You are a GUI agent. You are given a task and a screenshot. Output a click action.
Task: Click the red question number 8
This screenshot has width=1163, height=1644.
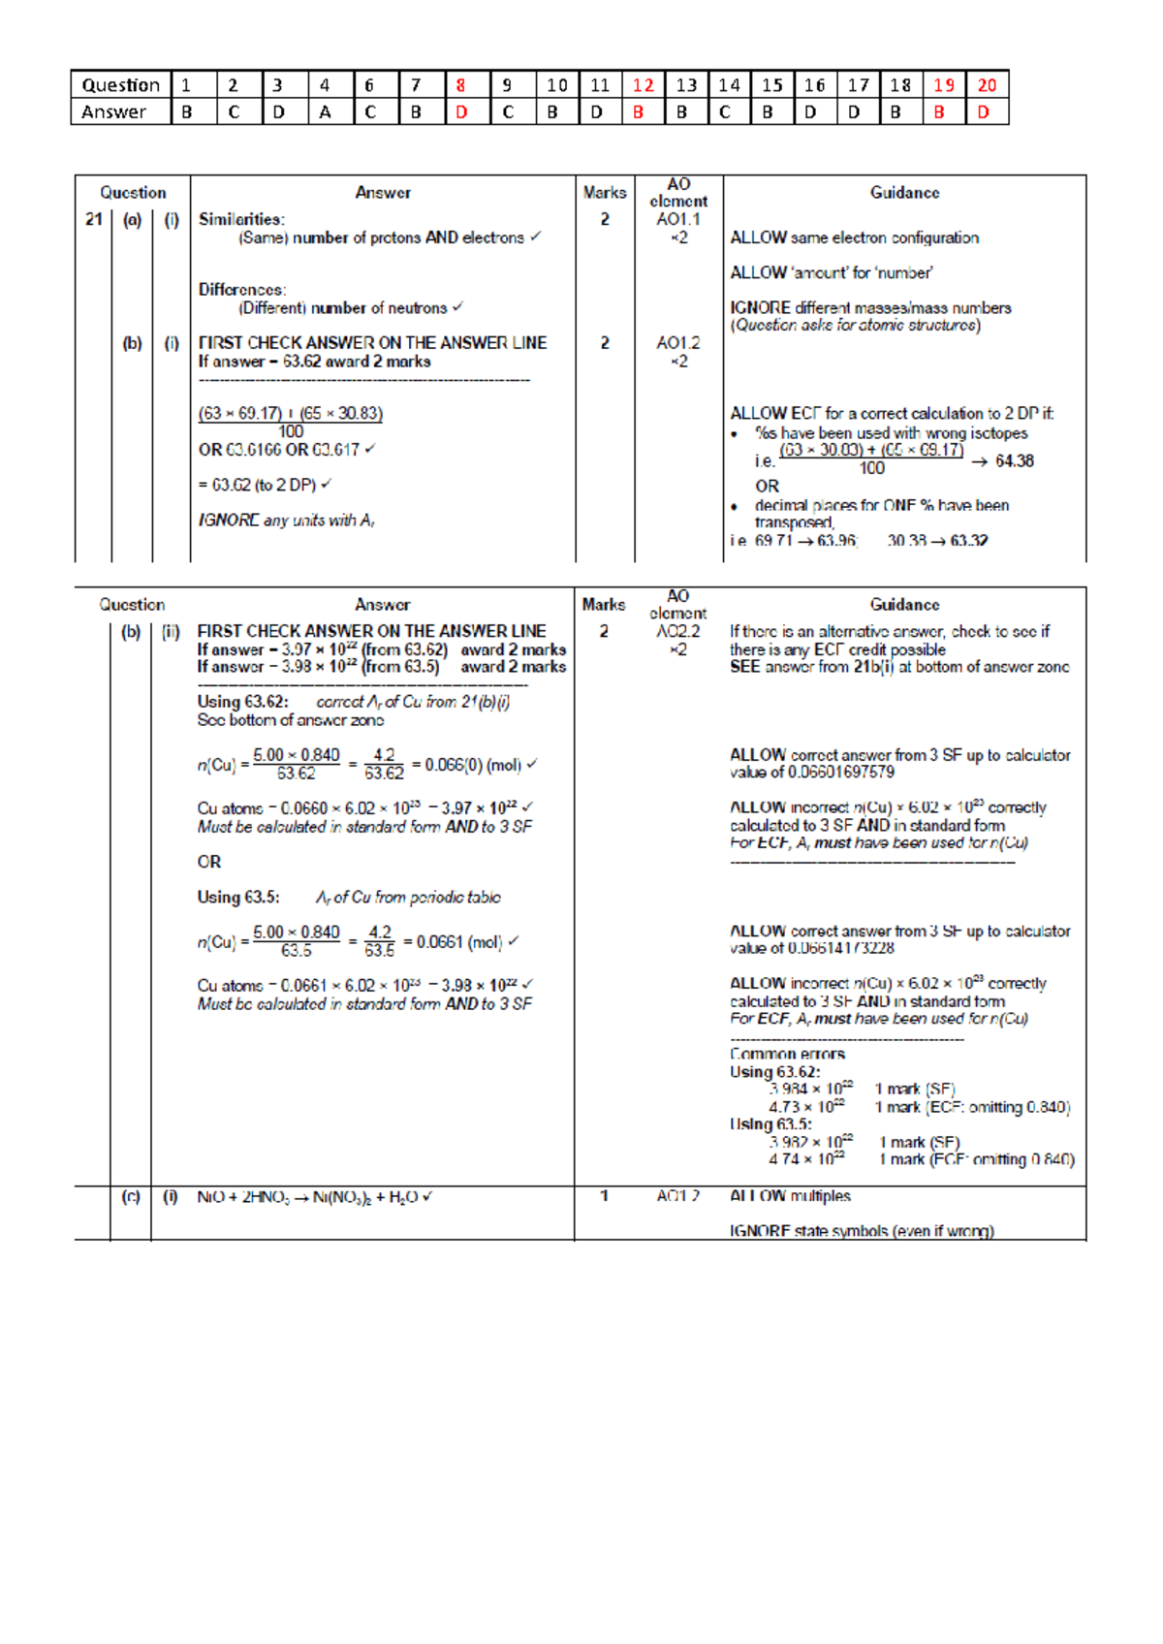(461, 85)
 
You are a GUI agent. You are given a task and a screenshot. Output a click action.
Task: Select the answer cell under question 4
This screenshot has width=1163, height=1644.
(325, 112)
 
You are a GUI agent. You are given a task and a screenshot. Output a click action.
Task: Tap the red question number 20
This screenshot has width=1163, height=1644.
(987, 85)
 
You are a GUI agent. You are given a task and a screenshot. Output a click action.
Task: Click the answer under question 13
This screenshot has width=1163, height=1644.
(682, 112)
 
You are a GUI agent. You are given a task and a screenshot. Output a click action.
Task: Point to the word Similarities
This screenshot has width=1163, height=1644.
(241, 220)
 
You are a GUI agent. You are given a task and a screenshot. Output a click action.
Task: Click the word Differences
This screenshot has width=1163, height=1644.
(242, 290)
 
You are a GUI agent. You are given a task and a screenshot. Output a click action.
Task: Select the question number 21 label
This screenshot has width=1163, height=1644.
(93, 220)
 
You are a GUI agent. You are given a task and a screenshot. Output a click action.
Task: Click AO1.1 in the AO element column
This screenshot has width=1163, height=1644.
(677, 220)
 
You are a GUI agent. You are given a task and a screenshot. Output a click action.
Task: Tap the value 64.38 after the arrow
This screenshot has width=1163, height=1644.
(1014, 461)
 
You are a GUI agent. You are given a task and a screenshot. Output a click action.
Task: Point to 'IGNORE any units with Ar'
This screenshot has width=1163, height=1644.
(287, 521)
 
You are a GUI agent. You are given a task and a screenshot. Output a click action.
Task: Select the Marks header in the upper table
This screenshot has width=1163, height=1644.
(604, 193)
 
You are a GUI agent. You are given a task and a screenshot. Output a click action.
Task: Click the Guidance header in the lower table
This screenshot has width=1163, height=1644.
(904, 605)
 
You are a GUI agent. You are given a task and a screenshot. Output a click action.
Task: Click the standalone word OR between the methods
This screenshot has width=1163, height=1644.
(209, 862)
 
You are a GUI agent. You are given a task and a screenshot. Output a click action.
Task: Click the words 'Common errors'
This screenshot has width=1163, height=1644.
(787, 1054)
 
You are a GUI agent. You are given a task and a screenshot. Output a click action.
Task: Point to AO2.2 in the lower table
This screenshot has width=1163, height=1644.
(677, 632)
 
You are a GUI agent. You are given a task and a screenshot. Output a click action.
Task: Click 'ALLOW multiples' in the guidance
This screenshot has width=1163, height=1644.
(790, 1196)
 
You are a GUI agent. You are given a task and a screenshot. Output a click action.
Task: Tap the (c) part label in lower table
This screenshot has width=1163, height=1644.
(131, 1197)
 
